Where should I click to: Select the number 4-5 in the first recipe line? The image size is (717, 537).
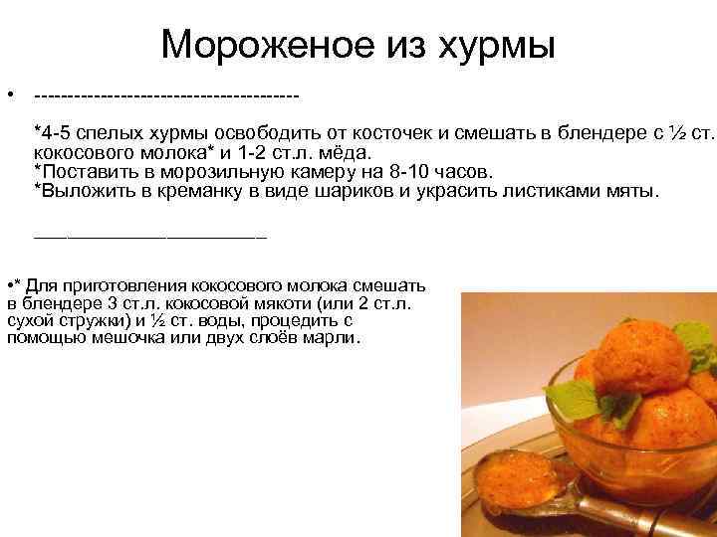tap(56, 133)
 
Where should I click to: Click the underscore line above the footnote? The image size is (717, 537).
tap(150, 237)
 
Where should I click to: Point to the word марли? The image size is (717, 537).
tap(335, 338)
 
